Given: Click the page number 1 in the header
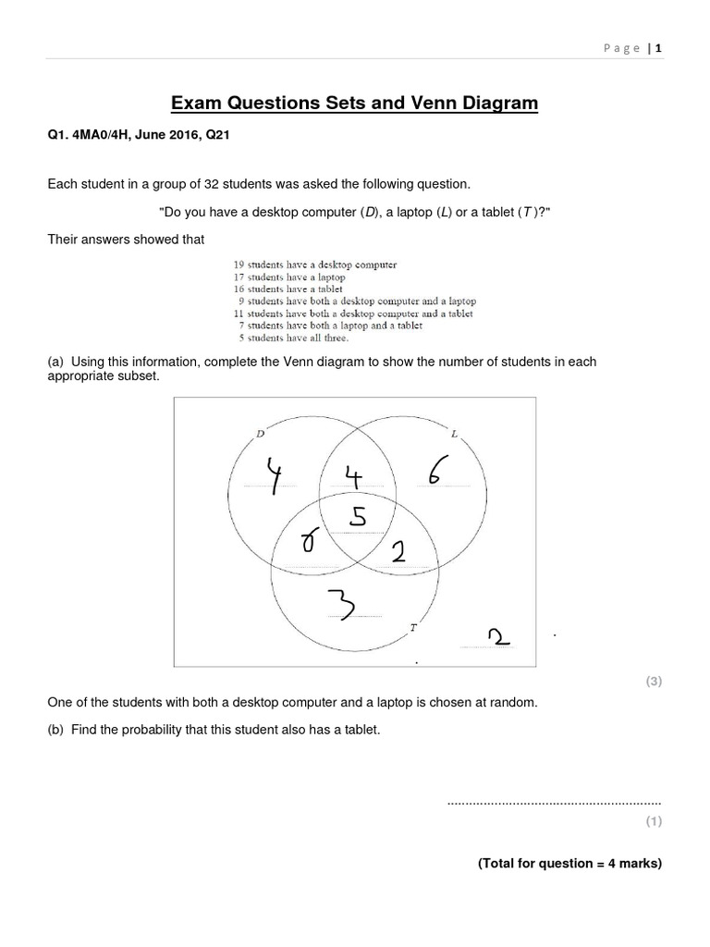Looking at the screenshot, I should click(659, 48).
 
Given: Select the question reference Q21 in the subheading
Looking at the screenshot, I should click(216, 134).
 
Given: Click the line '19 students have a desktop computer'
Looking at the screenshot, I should click(315, 264).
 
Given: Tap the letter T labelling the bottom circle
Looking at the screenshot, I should click(413, 628).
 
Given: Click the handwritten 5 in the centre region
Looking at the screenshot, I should click(355, 518).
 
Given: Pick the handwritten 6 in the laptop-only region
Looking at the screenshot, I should click(436, 472).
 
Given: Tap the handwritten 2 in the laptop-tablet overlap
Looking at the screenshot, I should click(398, 553).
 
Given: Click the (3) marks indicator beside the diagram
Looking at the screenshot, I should click(653, 682).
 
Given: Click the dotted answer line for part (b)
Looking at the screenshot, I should click(554, 802).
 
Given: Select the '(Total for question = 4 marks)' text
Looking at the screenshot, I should click(569, 863).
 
